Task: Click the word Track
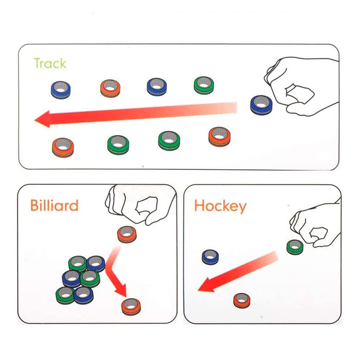[50, 63]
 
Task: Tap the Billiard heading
[54, 206]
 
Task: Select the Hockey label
[220, 207]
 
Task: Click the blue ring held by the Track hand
[261, 104]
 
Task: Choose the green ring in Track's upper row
[203, 85]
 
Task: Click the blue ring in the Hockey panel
[210, 256]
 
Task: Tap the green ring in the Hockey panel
[295, 246]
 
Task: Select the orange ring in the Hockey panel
[242, 300]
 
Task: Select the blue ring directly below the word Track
[60, 89]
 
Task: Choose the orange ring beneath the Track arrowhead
[63, 147]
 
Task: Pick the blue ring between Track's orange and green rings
[157, 86]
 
